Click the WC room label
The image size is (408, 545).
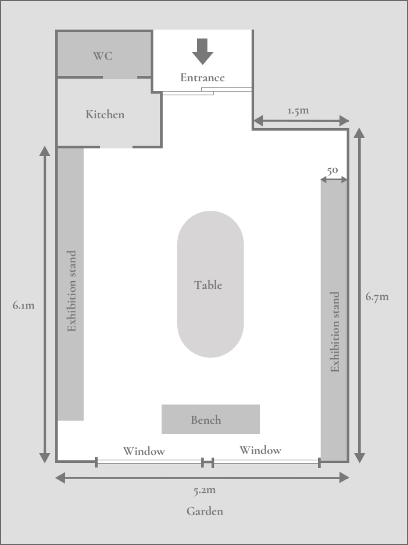(x=103, y=56)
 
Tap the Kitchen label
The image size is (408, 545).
(x=105, y=114)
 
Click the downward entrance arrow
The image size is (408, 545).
(x=202, y=51)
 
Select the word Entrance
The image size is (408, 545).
(x=202, y=78)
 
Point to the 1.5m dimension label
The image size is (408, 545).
(x=298, y=111)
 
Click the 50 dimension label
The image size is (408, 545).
(x=332, y=170)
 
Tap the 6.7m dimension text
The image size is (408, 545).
(x=377, y=297)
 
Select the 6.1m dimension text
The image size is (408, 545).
(x=24, y=305)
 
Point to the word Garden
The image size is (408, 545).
(x=205, y=511)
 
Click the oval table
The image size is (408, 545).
(x=210, y=284)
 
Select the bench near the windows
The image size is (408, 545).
(x=210, y=419)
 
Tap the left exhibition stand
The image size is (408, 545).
(x=70, y=284)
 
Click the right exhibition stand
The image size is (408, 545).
(x=334, y=320)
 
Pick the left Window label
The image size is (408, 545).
(x=144, y=451)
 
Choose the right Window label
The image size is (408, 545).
(x=260, y=450)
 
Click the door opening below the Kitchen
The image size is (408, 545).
(x=116, y=147)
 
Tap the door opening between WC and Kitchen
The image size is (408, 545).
(x=120, y=77)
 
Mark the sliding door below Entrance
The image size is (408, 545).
(x=207, y=91)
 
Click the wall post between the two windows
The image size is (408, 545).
(x=207, y=462)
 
